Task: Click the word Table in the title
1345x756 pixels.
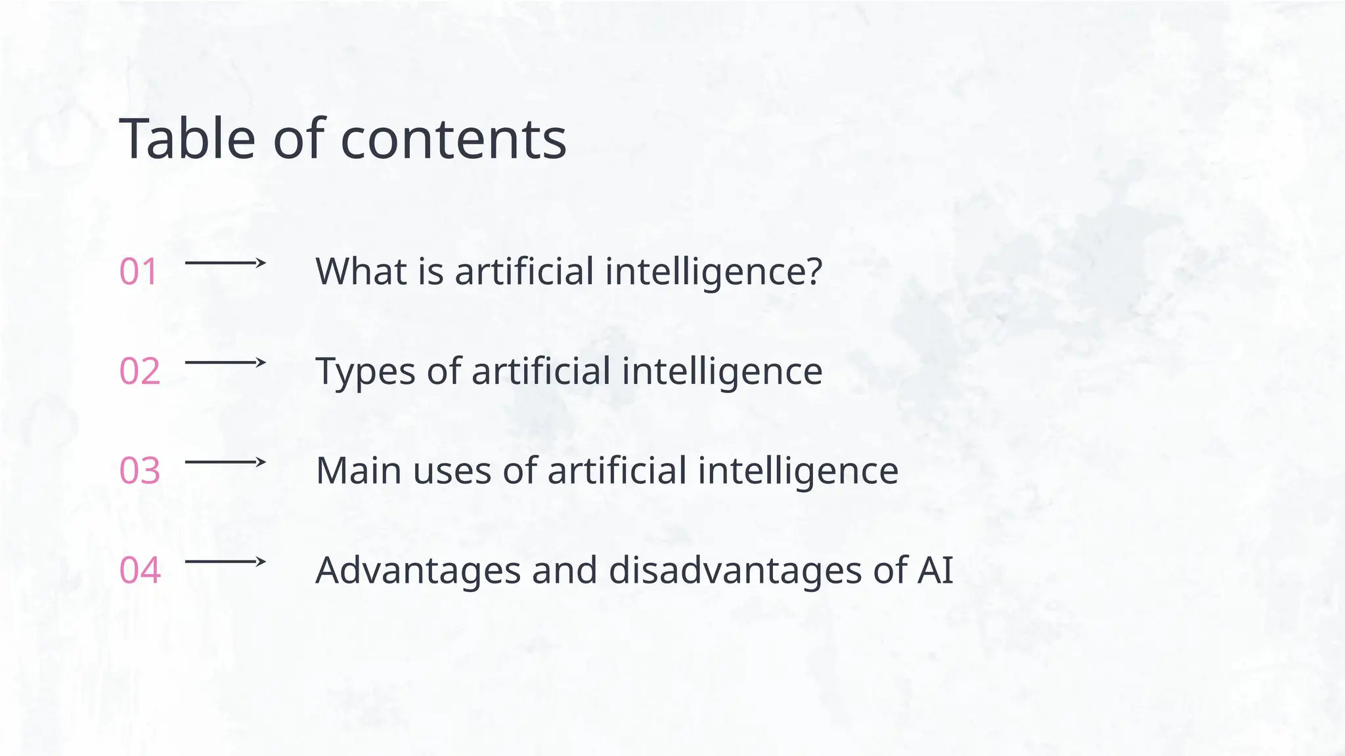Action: click(x=187, y=139)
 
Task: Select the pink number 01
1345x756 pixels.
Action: click(x=139, y=272)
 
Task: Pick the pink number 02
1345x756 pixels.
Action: click(x=140, y=371)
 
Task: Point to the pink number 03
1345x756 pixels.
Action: click(x=140, y=471)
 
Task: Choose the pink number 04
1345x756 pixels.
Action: click(x=140, y=570)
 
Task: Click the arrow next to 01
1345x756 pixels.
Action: click(x=225, y=263)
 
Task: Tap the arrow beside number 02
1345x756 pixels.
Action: click(x=225, y=362)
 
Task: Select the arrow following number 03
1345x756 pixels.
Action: click(x=225, y=462)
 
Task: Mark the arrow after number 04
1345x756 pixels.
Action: click(x=225, y=562)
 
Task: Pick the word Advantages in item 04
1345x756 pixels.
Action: click(x=418, y=570)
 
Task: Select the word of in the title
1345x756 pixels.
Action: click(x=298, y=139)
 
